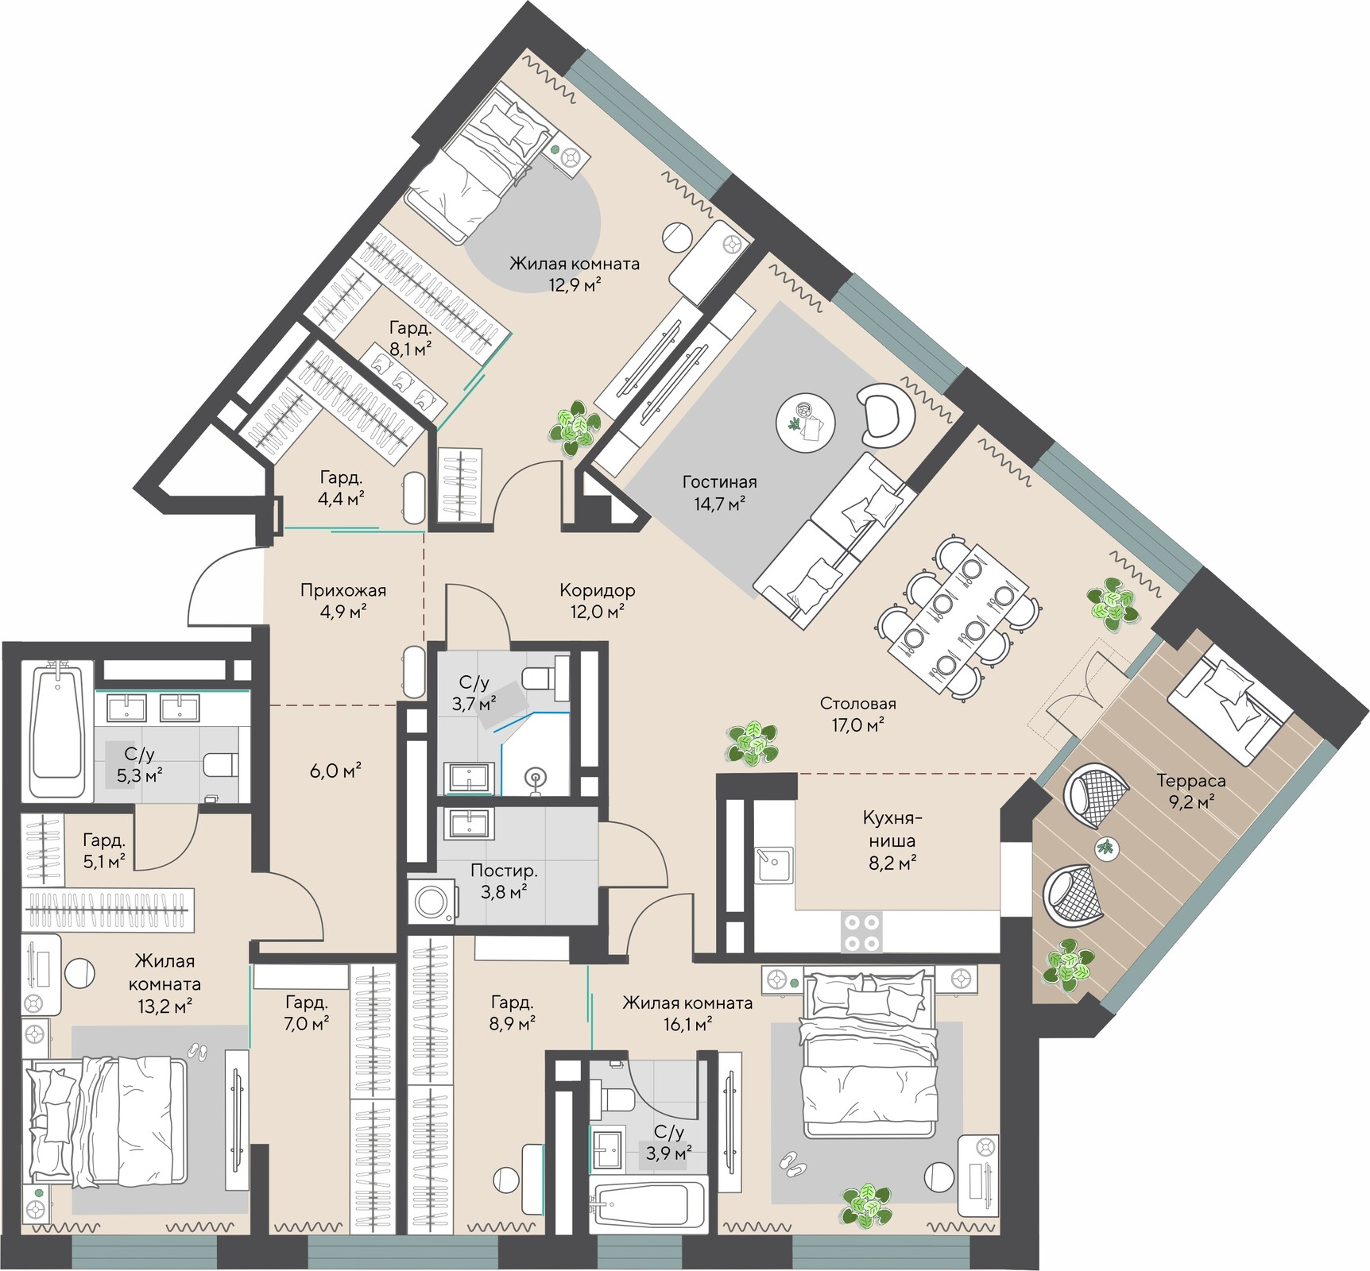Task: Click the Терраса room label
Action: pyautogui.click(x=1190, y=781)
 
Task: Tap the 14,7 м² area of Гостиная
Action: pyautogui.click(x=719, y=504)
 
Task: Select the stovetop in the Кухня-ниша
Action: pyautogui.click(x=862, y=932)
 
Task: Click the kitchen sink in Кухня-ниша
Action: pyautogui.click(x=774, y=864)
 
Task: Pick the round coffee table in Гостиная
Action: pyautogui.click(x=806, y=420)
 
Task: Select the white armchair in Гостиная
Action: pyautogui.click(x=887, y=411)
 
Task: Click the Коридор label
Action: pyautogui.click(x=598, y=590)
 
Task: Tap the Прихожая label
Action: pyautogui.click(x=343, y=590)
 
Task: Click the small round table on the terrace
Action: pyautogui.click(x=1105, y=847)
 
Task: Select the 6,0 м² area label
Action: pyautogui.click(x=335, y=770)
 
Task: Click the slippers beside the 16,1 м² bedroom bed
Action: pyautogui.click(x=791, y=1163)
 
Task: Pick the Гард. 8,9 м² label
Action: pyautogui.click(x=513, y=1013)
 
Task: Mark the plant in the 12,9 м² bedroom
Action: pyautogui.click(x=575, y=427)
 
